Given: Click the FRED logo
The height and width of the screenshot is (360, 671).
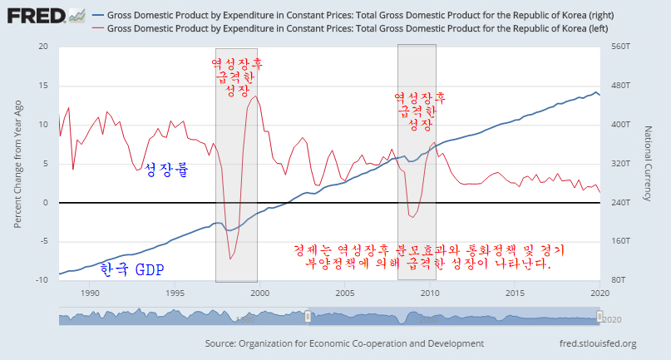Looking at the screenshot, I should coord(46,15).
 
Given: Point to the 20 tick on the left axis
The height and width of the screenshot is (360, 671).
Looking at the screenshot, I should coord(43,47).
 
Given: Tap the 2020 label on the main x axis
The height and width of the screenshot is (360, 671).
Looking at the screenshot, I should coord(599,293).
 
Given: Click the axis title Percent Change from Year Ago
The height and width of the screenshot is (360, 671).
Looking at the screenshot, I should coord(18,163).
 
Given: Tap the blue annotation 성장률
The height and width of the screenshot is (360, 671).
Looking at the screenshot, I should coord(166,171).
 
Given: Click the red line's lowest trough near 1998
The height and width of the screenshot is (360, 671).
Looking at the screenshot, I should coord(230,259).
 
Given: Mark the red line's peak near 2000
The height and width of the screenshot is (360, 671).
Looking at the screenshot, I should coord(255,96).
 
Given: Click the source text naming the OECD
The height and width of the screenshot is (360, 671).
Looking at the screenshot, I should coord(343,343).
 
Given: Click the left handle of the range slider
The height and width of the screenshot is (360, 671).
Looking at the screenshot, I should coord(308,317).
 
